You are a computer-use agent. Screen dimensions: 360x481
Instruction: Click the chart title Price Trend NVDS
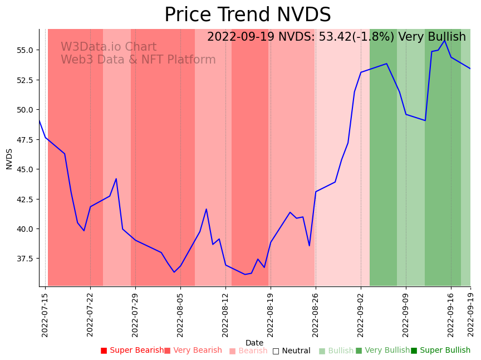click(x=247, y=15)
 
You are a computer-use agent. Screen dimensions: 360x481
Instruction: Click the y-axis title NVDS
click(x=9, y=158)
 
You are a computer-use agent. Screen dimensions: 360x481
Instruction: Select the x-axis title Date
click(x=254, y=343)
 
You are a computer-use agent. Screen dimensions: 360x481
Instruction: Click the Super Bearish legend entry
click(x=132, y=351)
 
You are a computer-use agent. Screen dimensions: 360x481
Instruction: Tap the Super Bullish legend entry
click(x=441, y=351)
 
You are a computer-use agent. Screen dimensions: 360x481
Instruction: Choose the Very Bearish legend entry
click(x=193, y=351)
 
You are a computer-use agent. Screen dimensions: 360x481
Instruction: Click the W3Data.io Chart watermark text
click(x=109, y=47)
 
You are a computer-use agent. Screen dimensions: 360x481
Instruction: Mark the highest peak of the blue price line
click(x=444, y=41)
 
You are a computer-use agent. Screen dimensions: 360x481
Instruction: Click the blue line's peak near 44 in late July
click(x=116, y=179)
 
